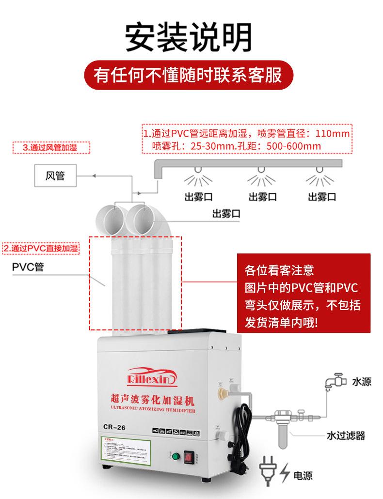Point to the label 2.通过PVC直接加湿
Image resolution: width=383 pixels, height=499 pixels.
tap(41, 249)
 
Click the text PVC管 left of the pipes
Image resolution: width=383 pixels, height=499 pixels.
tap(28, 267)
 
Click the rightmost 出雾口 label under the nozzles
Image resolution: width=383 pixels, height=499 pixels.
tap(322, 197)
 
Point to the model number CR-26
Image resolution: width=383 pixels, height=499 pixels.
tap(115, 427)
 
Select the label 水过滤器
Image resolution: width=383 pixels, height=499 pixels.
tap(345, 436)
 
